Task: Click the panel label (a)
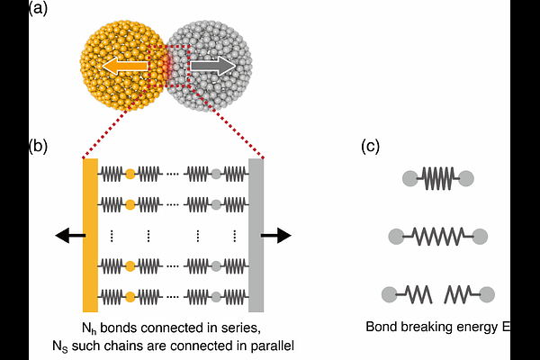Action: pyautogui.click(x=38, y=7)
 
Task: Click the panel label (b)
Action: pyautogui.click(x=38, y=146)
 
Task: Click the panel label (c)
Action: pyautogui.click(x=370, y=146)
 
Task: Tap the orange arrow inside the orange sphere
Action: pyautogui.click(x=125, y=66)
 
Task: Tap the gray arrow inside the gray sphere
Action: pyautogui.click(x=213, y=66)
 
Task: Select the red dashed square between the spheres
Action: pyautogui.click(x=169, y=46)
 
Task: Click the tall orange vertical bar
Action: pyautogui.click(x=90, y=235)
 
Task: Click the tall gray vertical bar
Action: pyautogui.click(x=256, y=235)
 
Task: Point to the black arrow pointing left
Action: pyautogui.click(x=70, y=236)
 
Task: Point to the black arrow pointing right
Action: pyautogui.click(x=276, y=236)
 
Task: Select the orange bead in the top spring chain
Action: pyautogui.click(x=130, y=174)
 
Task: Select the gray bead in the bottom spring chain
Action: pyautogui.click(x=216, y=296)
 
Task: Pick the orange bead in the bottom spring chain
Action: pyautogui.click(x=130, y=296)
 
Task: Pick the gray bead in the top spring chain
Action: pyautogui.click(x=216, y=174)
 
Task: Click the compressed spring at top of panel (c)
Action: pyautogui.click(x=437, y=178)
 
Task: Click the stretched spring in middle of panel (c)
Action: pyautogui.click(x=438, y=237)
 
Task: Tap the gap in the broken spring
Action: pyautogui.click(x=438, y=295)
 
